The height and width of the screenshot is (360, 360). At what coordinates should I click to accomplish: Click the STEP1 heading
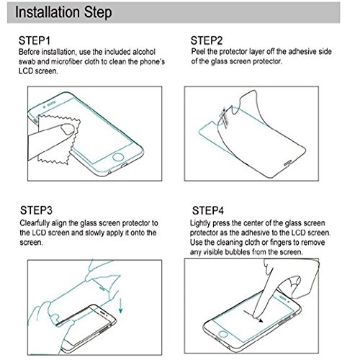pos(35,40)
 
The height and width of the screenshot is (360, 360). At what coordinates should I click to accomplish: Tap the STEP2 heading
pos(207,40)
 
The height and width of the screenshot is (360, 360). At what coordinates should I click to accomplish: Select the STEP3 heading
pos(36,210)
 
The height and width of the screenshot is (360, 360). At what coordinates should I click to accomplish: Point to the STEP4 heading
pos(208,210)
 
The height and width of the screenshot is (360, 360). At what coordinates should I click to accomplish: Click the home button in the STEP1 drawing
pos(118,158)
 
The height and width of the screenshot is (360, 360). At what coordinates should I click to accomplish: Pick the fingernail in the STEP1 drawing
pos(68,130)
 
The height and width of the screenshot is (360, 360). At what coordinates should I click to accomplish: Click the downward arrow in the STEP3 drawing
pos(121,305)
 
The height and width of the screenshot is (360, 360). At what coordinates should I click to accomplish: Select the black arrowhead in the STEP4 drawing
pos(261,320)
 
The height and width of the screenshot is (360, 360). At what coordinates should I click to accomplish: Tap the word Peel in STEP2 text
pos(198,52)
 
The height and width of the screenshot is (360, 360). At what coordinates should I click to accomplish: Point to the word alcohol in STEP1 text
pos(144,52)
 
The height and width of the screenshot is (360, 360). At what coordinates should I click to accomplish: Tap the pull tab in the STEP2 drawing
pos(225,117)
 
